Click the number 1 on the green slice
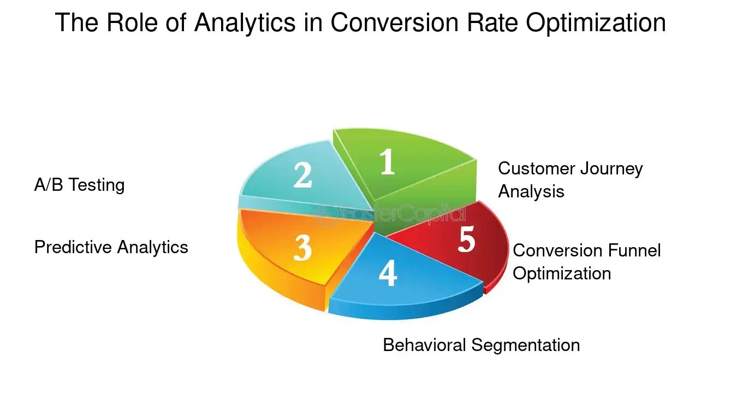click(x=387, y=162)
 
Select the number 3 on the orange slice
click(x=302, y=248)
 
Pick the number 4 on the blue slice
click(x=388, y=273)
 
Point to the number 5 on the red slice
click(x=466, y=239)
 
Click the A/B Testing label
click(x=79, y=185)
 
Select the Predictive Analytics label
click(x=111, y=247)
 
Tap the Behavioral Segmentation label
click(x=481, y=345)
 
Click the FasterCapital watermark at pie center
click(x=390, y=214)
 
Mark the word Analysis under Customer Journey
click(x=531, y=191)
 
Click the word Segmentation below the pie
click(x=525, y=345)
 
